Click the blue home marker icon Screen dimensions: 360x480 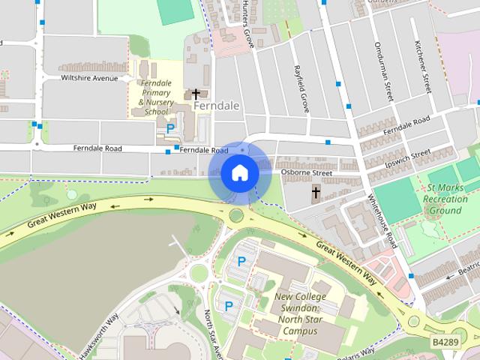tap(238, 173)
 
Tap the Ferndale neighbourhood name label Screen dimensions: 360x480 tap(216, 106)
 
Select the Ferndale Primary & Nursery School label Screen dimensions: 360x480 tap(157, 97)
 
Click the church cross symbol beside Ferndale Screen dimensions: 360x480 tap(196, 94)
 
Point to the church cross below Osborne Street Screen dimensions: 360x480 tap(316, 193)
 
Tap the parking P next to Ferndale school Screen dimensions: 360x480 tap(170, 129)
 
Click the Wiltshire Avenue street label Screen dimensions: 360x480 tap(91, 78)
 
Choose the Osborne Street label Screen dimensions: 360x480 tap(306, 172)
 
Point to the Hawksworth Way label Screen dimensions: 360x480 tap(97, 331)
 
